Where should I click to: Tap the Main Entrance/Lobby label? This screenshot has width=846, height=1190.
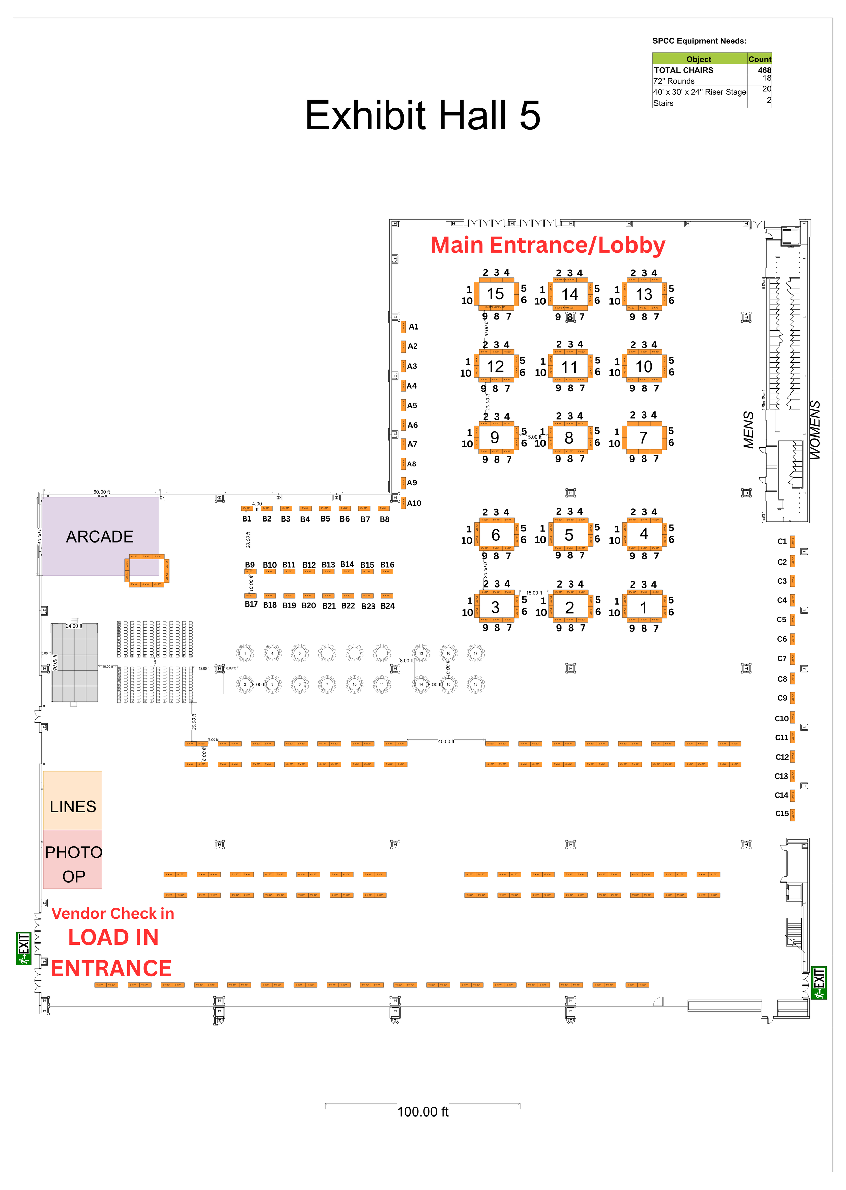click(x=548, y=245)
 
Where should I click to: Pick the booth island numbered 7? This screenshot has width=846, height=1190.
click(x=643, y=438)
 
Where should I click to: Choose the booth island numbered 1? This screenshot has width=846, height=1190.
click(x=643, y=608)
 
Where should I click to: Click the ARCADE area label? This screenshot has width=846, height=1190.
click(x=99, y=536)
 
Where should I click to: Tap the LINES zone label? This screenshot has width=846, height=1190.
click(x=73, y=806)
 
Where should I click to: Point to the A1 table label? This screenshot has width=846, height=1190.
click(x=414, y=327)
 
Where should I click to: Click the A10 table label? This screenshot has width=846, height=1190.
click(x=414, y=503)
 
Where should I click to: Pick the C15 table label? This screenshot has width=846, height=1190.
click(x=782, y=814)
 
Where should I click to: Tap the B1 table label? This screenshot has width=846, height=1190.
click(x=247, y=519)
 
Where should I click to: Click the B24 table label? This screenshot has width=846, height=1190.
click(x=387, y=606)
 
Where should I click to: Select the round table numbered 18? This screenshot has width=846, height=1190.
click(x=475, y=684)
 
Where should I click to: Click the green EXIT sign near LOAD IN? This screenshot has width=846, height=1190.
click(x=23, y=949)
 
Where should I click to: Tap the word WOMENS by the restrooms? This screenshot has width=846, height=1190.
click(x=815, y=430)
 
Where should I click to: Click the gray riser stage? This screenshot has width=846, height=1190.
click(x=74, y=662)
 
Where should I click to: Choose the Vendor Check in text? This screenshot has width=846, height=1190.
click(x=113, y=914)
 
